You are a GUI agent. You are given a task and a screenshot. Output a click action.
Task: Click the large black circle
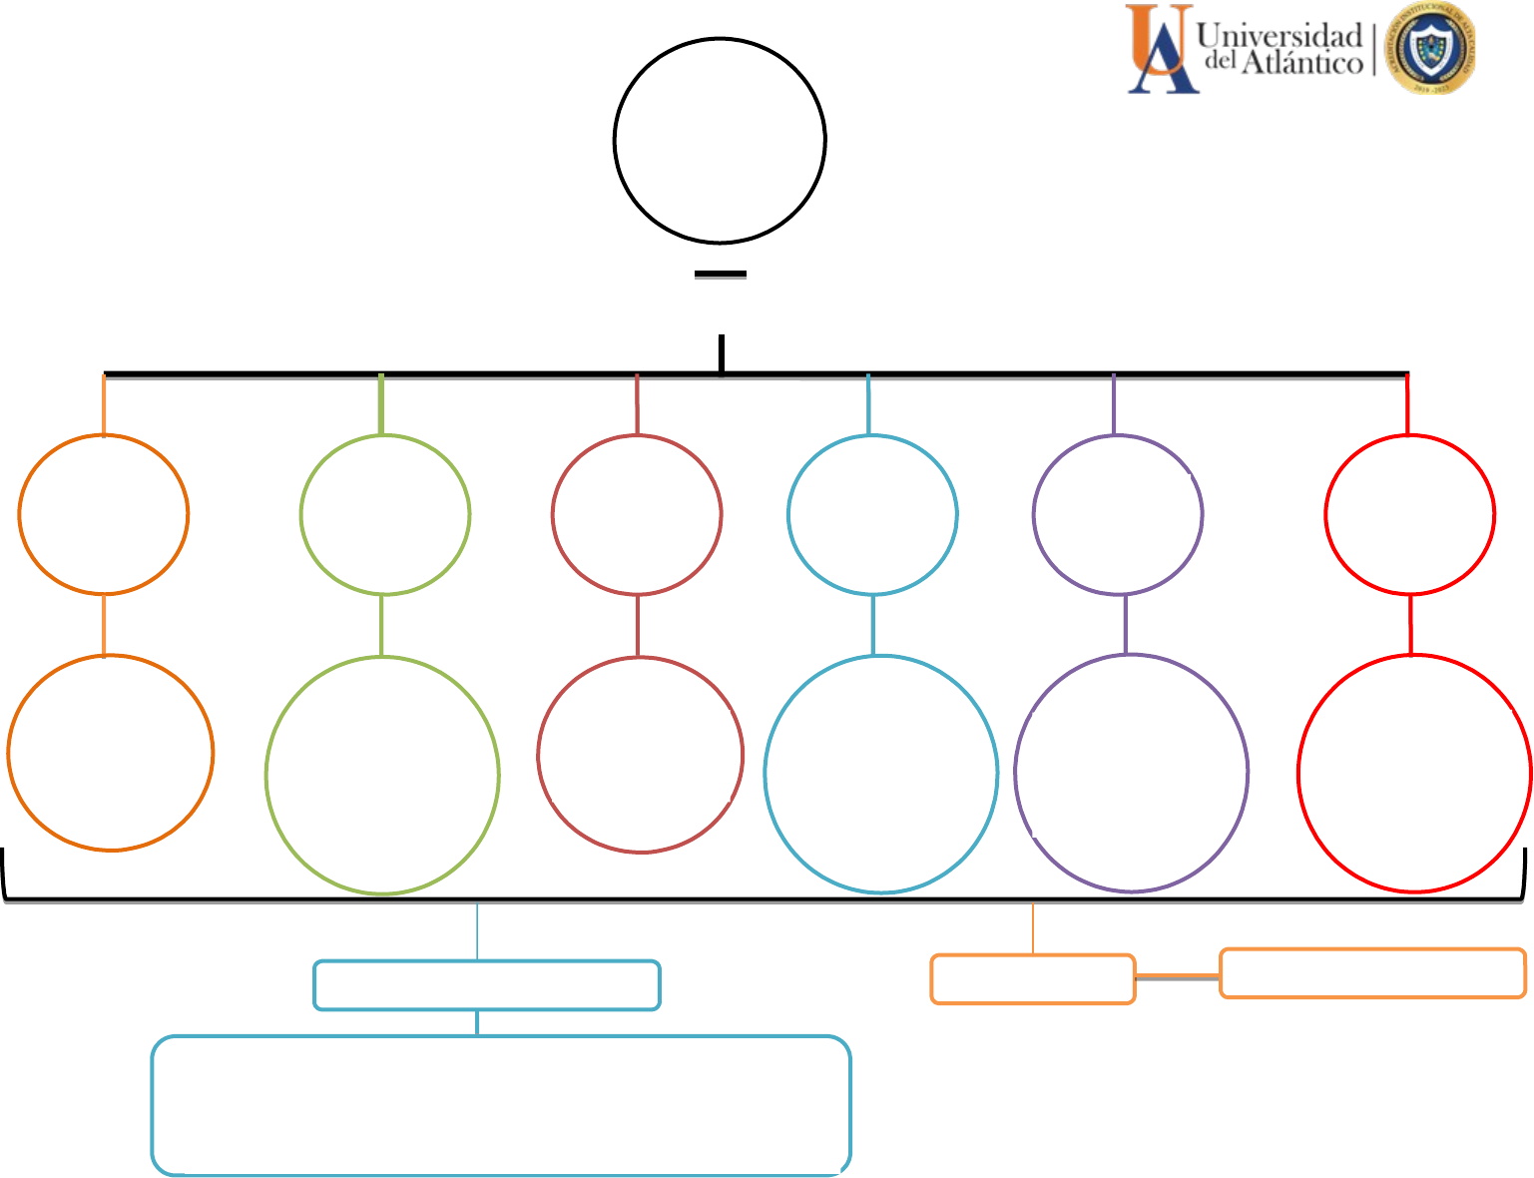coord(720,141)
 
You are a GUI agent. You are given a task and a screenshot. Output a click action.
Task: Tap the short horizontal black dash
coord(721,274)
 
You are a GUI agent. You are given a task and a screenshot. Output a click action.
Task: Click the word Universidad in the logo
coord(1279,36)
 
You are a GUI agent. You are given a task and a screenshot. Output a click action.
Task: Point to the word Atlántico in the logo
coord(1301,64)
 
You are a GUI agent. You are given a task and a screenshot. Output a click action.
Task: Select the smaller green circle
coord(385,515)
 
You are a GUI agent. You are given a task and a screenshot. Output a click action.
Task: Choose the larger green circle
coord(382,776)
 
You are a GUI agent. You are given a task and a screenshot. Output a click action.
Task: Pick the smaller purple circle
coord(1118,515)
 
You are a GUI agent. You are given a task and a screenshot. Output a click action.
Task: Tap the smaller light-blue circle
coord(872,515)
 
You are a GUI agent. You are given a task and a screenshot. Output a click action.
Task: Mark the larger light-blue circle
coord(881,774)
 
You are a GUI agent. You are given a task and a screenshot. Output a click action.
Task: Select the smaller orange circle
coord(104,515)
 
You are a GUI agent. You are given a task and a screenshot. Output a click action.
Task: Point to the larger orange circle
coord(111,753)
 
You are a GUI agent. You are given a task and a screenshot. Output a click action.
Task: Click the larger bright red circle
coord(1414,773)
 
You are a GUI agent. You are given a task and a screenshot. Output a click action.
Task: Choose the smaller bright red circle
coord(1409,515)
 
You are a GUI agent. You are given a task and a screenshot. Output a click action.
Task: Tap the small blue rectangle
coord(487,985)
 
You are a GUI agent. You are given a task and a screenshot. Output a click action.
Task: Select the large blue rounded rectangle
coord(501,1105)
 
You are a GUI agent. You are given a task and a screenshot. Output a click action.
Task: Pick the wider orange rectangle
coord(1372,973)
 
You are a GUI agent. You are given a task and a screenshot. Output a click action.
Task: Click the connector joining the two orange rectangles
coord(1178,976)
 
